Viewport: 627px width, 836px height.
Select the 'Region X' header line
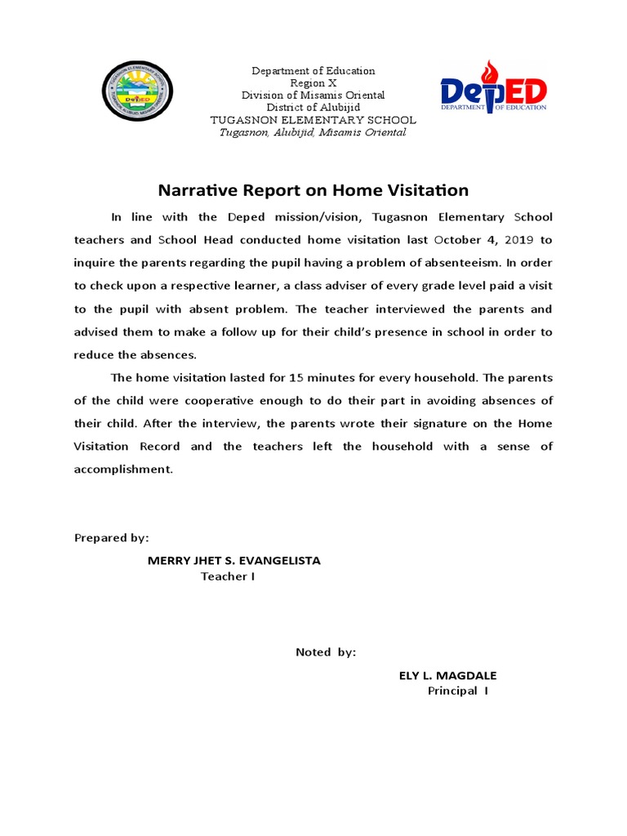pyautogui.click(x=313, y=83)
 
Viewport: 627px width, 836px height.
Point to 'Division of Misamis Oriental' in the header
pyautogui.click(x=313, y=96)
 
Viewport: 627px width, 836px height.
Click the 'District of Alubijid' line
pyautogui.click(x=313, y=108)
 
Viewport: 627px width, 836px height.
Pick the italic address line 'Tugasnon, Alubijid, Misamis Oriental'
pyautogui.click(x=313, y=132)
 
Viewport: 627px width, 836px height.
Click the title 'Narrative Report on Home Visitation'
pyautogui.click(x=313, y=190)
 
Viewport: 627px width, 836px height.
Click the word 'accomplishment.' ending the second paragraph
pyautogui.click(x=123, y=469)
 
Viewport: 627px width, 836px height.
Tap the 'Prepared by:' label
pyautogui.click(x=112, y=537)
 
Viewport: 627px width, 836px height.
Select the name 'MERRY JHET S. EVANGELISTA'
pyautogui.click(x=233, y=560)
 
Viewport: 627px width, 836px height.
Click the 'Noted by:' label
pyautogui.click(x=326, y=651)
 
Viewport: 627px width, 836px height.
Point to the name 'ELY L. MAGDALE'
pyautogui.click(x=447, y=675)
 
